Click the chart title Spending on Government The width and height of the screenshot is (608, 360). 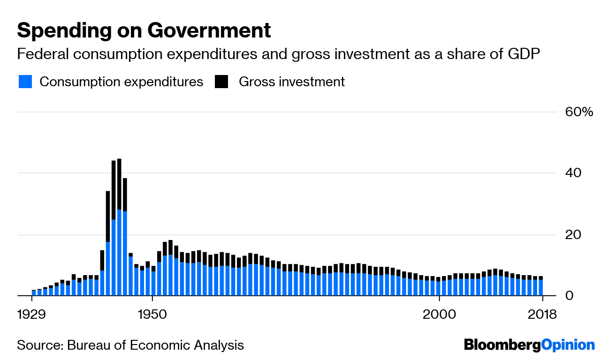pos(144,31)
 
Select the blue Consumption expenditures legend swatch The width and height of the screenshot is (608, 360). pos(25,82)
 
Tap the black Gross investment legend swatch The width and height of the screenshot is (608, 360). pos(221,82)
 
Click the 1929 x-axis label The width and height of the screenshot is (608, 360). pos(31,314)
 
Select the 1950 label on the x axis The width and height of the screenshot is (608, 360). pos(152,314)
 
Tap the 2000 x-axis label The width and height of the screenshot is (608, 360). pos(439,314)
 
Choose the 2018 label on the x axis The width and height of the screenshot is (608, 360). pos(542,314)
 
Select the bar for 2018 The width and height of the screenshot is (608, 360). pos(541,286)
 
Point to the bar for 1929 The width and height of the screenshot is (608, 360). pos(34,293)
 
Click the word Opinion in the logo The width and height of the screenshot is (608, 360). pos(568,345)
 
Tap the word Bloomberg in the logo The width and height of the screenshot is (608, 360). pos(502,345)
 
